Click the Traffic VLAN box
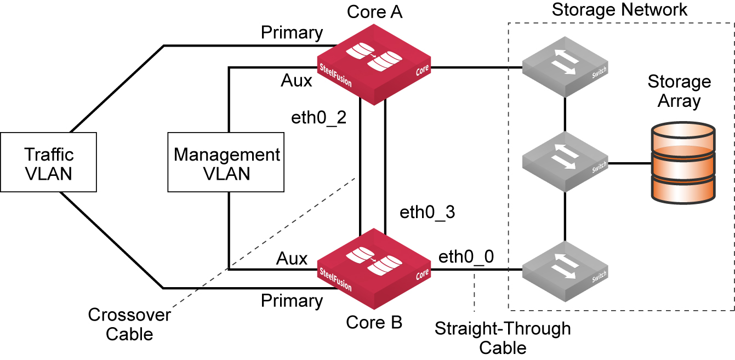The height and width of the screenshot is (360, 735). coord(48,162)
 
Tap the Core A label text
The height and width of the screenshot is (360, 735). coord(374,12)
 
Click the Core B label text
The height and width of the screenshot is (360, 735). coord(374,323)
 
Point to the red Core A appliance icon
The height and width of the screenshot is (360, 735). coord(374,65)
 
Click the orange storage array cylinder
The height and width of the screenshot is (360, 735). coord(682,163)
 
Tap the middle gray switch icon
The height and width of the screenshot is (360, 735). coord(565,161)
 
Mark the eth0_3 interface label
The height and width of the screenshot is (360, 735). coord(428,212)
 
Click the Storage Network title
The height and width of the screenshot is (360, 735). coord(619,10)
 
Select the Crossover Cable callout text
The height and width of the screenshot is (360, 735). coord(129,324)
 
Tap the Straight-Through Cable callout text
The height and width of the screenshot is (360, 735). coord(503,338)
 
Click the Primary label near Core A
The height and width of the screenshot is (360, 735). coord(292,33)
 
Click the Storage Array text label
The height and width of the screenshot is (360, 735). coord(679,92)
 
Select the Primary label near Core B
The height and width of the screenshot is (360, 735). coord(292,301)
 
